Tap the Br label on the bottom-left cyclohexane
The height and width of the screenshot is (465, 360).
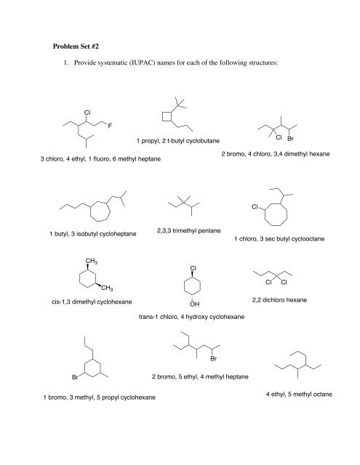point(73,378)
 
